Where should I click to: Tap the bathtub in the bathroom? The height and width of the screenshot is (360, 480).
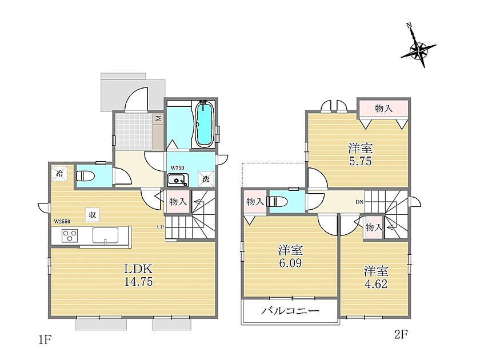[204, 124]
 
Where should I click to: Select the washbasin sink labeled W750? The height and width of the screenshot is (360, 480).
[178, 179]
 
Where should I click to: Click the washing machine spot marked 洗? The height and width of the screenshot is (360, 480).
[206, 178]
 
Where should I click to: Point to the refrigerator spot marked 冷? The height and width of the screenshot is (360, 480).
[59, 174]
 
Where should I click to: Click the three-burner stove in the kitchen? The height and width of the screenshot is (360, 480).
[70, 235]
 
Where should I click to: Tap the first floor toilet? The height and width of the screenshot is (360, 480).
[86, 176]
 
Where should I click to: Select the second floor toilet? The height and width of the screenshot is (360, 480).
[277, 201]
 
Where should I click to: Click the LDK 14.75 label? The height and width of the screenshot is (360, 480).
[138, 275]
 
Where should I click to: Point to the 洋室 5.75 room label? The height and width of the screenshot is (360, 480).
[361, 155]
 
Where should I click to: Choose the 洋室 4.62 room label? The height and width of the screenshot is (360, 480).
[376, 277]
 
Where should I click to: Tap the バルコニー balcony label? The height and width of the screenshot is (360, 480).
[290, 311]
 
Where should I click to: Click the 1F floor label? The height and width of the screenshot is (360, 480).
[45, 340]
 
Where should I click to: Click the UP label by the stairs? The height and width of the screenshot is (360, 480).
[161, 227]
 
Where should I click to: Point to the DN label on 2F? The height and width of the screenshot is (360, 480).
[359, 202]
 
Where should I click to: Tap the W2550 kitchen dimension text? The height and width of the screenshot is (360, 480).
[62, 221]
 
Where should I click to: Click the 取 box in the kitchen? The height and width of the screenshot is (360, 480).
[92, 214]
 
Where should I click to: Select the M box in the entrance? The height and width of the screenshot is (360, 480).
[158, 118]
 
